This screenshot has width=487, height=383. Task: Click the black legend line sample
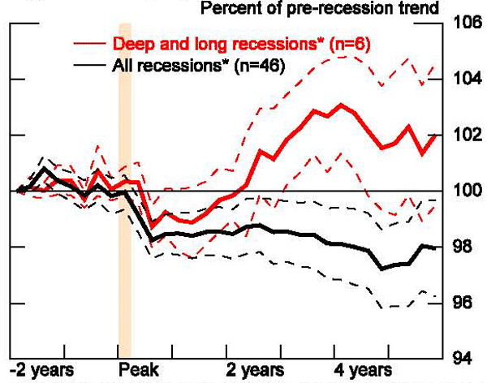click(85, 66)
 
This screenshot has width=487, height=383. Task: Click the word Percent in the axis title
click(226, 10)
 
